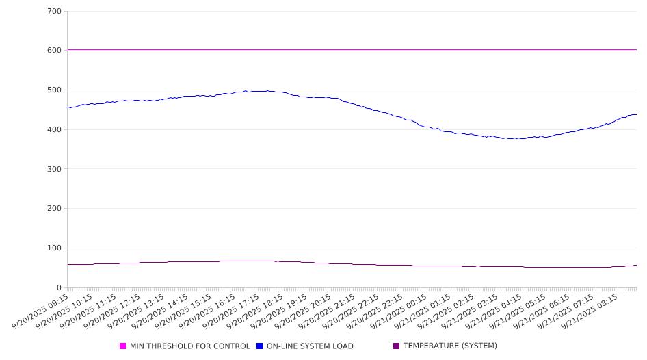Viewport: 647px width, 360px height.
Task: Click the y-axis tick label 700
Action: click(x=55, y=11)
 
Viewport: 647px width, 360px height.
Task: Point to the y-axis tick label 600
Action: click(x=55, y=51)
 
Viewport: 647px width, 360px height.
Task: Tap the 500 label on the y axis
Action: click(x=55, y=90)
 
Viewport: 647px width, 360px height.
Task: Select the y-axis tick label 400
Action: click(x=55, y=129)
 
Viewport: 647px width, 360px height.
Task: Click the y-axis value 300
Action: click(x=55, y=169)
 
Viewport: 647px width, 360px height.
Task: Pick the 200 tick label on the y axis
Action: click(x=55, y=209)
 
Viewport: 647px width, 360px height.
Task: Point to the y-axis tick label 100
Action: click(x=55, y=248)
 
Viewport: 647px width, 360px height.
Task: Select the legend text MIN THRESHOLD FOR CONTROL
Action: click(x=189, y=346)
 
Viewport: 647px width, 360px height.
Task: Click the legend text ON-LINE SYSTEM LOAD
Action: click(x=310, y=346)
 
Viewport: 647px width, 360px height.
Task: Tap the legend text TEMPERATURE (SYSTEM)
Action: click(x=450, y=346)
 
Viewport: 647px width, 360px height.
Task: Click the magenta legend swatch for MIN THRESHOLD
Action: click(x=123, y=346)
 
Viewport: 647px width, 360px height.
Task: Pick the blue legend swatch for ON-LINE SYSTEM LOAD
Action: click(x=260, y=346)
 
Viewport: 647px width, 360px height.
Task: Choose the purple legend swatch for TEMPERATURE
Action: click(x=397, y=346)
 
